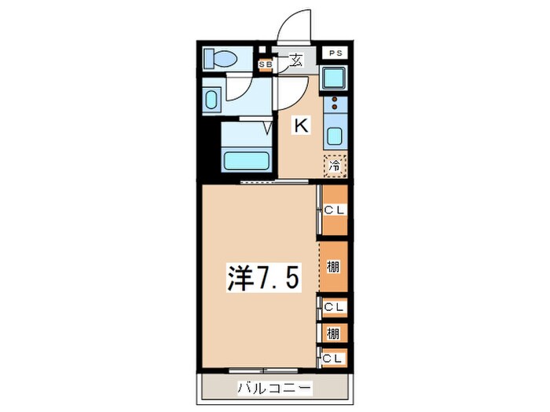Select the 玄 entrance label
pyautogui.click(x=295, y=59)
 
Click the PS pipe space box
pyautogui.click(x=335, y=54)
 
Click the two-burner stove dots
pyautogui.click(x=334, y=104)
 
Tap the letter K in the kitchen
pyautogui.click(x=300, y=124)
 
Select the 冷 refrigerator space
pyautogui.click(x=334, y=166)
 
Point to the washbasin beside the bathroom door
pyautogui.click(x=212, y=100)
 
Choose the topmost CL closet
pyautogui.click(x=334, y=210)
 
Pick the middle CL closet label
pyautogui.click(x=334, y=307)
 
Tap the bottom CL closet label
pyautogui.click(x=334, y=359)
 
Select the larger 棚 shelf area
pyautogui.click(x=334, y=267)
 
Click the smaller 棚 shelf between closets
pyautogui.click(x=334, y=334)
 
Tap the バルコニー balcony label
pyautogui.click(x=275, y=388)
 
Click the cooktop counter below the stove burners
pyautogui.click(x=334, y=135)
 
